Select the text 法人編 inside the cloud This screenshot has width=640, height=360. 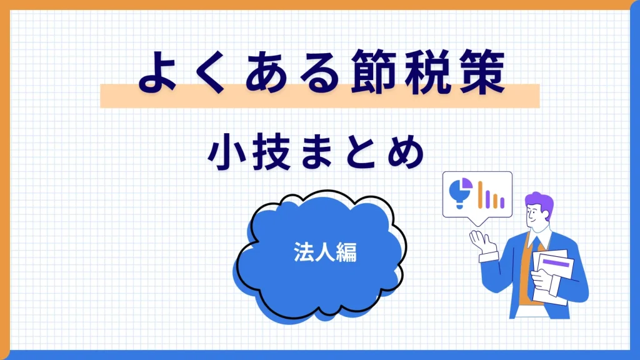(x=325, y=252)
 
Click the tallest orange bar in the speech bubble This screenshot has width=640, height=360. (x=481, y=194)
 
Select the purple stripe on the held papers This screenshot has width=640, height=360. (x=556, y=262)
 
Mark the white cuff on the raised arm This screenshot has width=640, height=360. (x=489, y=256)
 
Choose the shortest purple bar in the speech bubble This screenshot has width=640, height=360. (x=502, y=203)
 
